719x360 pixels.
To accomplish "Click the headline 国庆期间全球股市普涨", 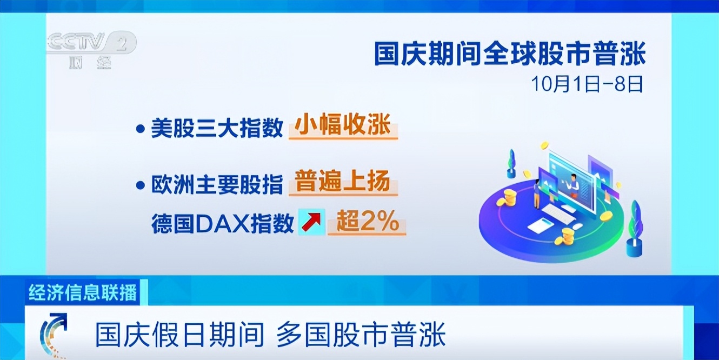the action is point(510,55).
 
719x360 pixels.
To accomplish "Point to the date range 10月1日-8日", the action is point(587,84).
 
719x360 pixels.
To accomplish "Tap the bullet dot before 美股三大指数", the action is point(140,129).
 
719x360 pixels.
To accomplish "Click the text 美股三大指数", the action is point(217,128).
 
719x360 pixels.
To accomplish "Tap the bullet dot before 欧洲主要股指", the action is point(140,185).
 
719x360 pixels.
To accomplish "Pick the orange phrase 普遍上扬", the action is point(343,181).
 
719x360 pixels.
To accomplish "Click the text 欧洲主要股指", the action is point(217,184).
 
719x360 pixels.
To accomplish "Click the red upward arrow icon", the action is point(312,222).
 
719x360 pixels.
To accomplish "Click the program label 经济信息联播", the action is point(83,292).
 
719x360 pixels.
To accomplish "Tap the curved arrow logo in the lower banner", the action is point(54,334).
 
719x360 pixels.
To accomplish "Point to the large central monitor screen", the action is point(571,182).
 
